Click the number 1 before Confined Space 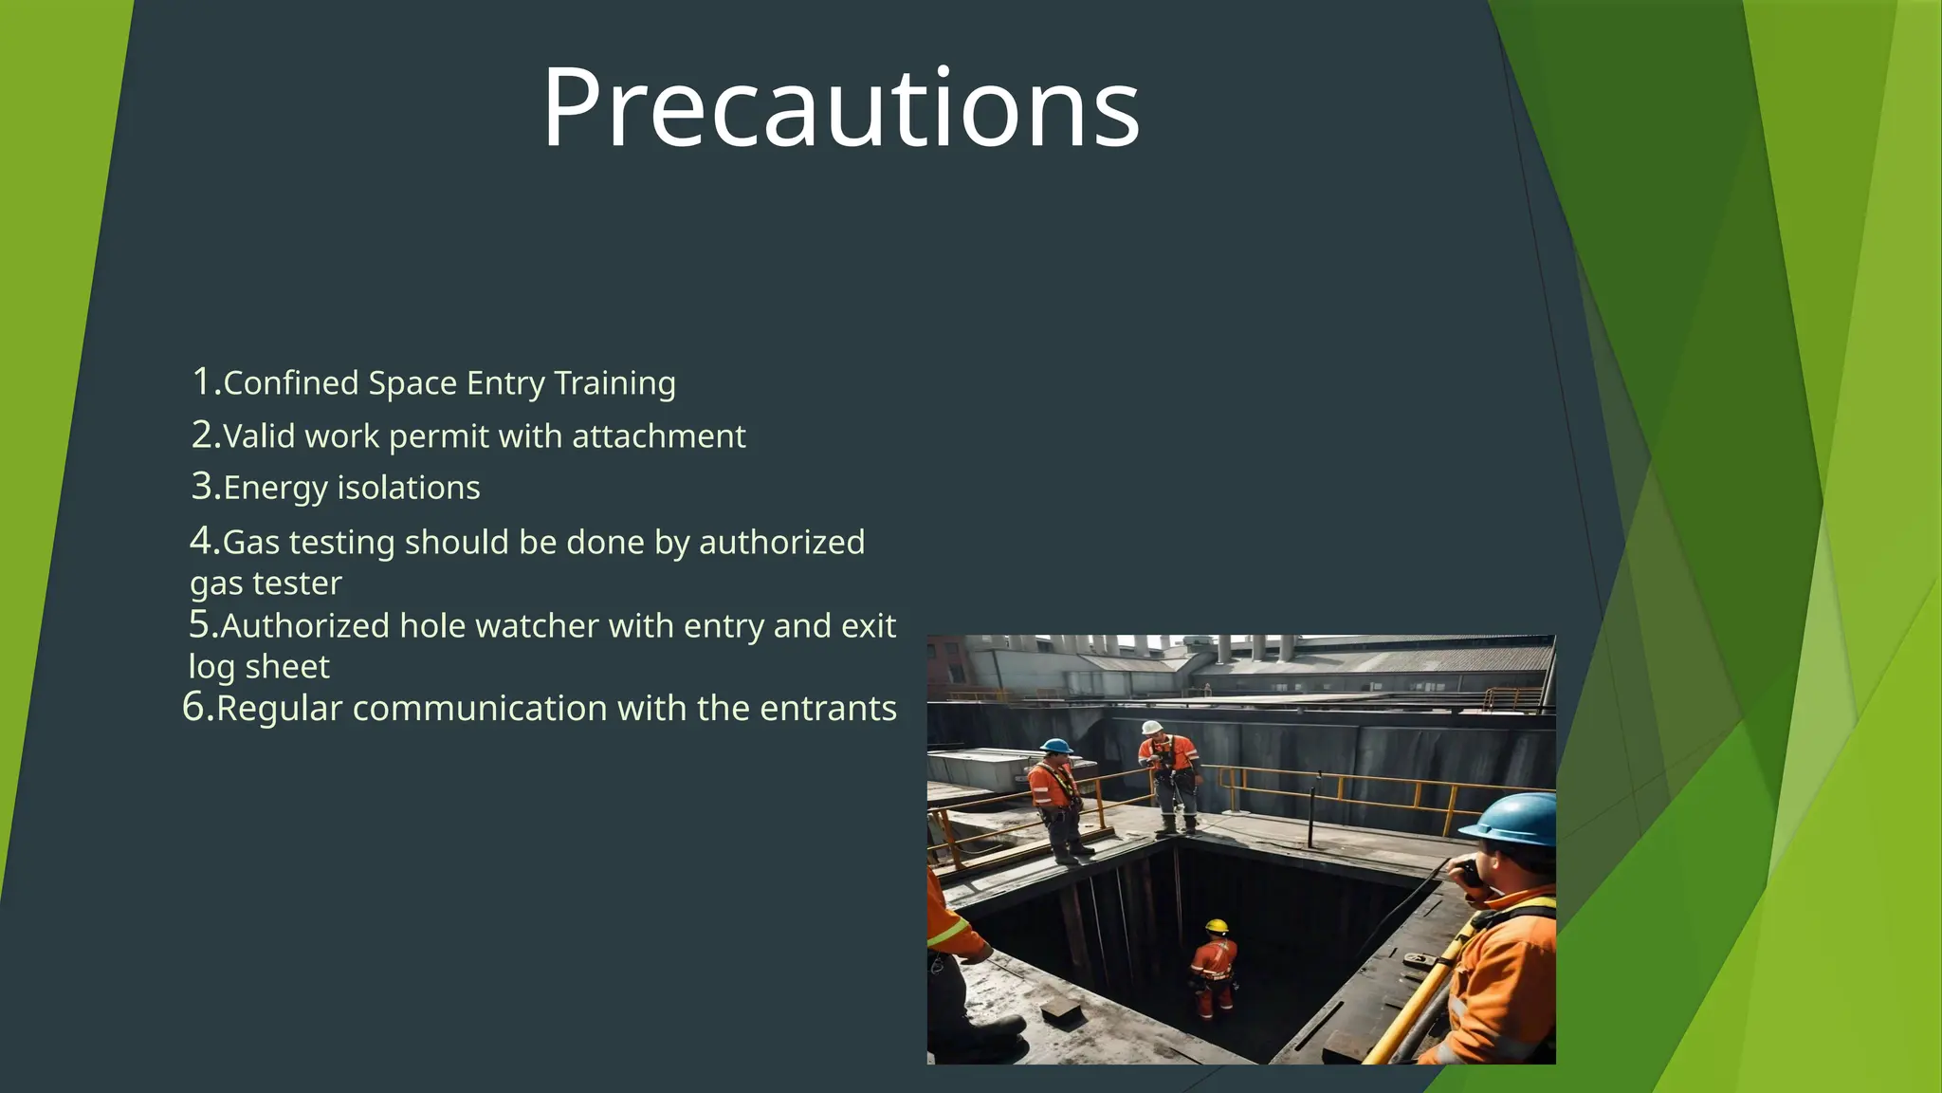[202, 381]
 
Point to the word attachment [658, 436]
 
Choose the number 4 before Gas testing [202, 542]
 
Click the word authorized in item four [781, 543]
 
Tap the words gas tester [266, 584]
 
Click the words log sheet [259, 667]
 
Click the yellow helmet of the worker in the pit [1217, 926]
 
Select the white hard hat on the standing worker [1152, 728]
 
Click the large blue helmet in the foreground [1514, 819]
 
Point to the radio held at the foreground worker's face [1469, 871]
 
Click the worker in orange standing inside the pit [1214, 973]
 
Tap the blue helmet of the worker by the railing [1055, 746]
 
